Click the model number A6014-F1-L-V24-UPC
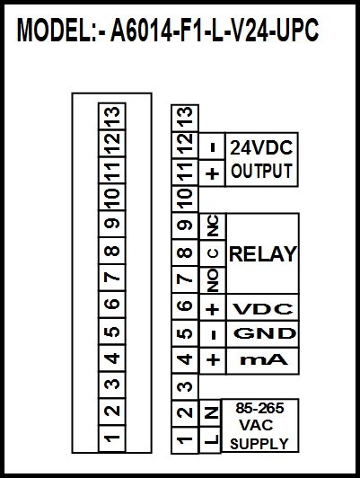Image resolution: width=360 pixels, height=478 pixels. point(214,30)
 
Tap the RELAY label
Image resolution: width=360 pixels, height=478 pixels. point(263,254)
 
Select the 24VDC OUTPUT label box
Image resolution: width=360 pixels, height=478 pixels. point(261,159)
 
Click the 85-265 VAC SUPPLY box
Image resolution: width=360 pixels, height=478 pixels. point(259,426)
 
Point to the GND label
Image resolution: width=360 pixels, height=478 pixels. point(265,333)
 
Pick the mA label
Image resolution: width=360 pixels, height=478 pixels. point(264,360)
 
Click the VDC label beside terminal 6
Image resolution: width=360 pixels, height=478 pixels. point(263,309)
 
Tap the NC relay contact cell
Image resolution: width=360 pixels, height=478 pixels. point(213,226)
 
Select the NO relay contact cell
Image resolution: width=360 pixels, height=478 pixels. point(213,280)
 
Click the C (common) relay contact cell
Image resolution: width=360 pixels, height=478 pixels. point(213,253)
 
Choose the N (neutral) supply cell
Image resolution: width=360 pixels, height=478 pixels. point(210,413)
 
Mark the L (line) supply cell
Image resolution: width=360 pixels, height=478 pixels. point(210,439)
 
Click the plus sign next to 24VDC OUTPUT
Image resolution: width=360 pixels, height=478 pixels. point(212,173)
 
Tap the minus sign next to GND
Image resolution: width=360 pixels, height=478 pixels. point(213,335)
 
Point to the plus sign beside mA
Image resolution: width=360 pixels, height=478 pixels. point(213,359)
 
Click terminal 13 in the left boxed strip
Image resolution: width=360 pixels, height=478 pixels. point(112,116)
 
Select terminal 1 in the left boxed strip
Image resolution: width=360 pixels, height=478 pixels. point(112,438)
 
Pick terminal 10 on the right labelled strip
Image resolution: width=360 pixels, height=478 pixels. point(185,199)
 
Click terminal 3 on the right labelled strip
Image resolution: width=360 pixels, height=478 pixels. point(185,386)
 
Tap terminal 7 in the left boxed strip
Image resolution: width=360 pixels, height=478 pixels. point(112,278)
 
